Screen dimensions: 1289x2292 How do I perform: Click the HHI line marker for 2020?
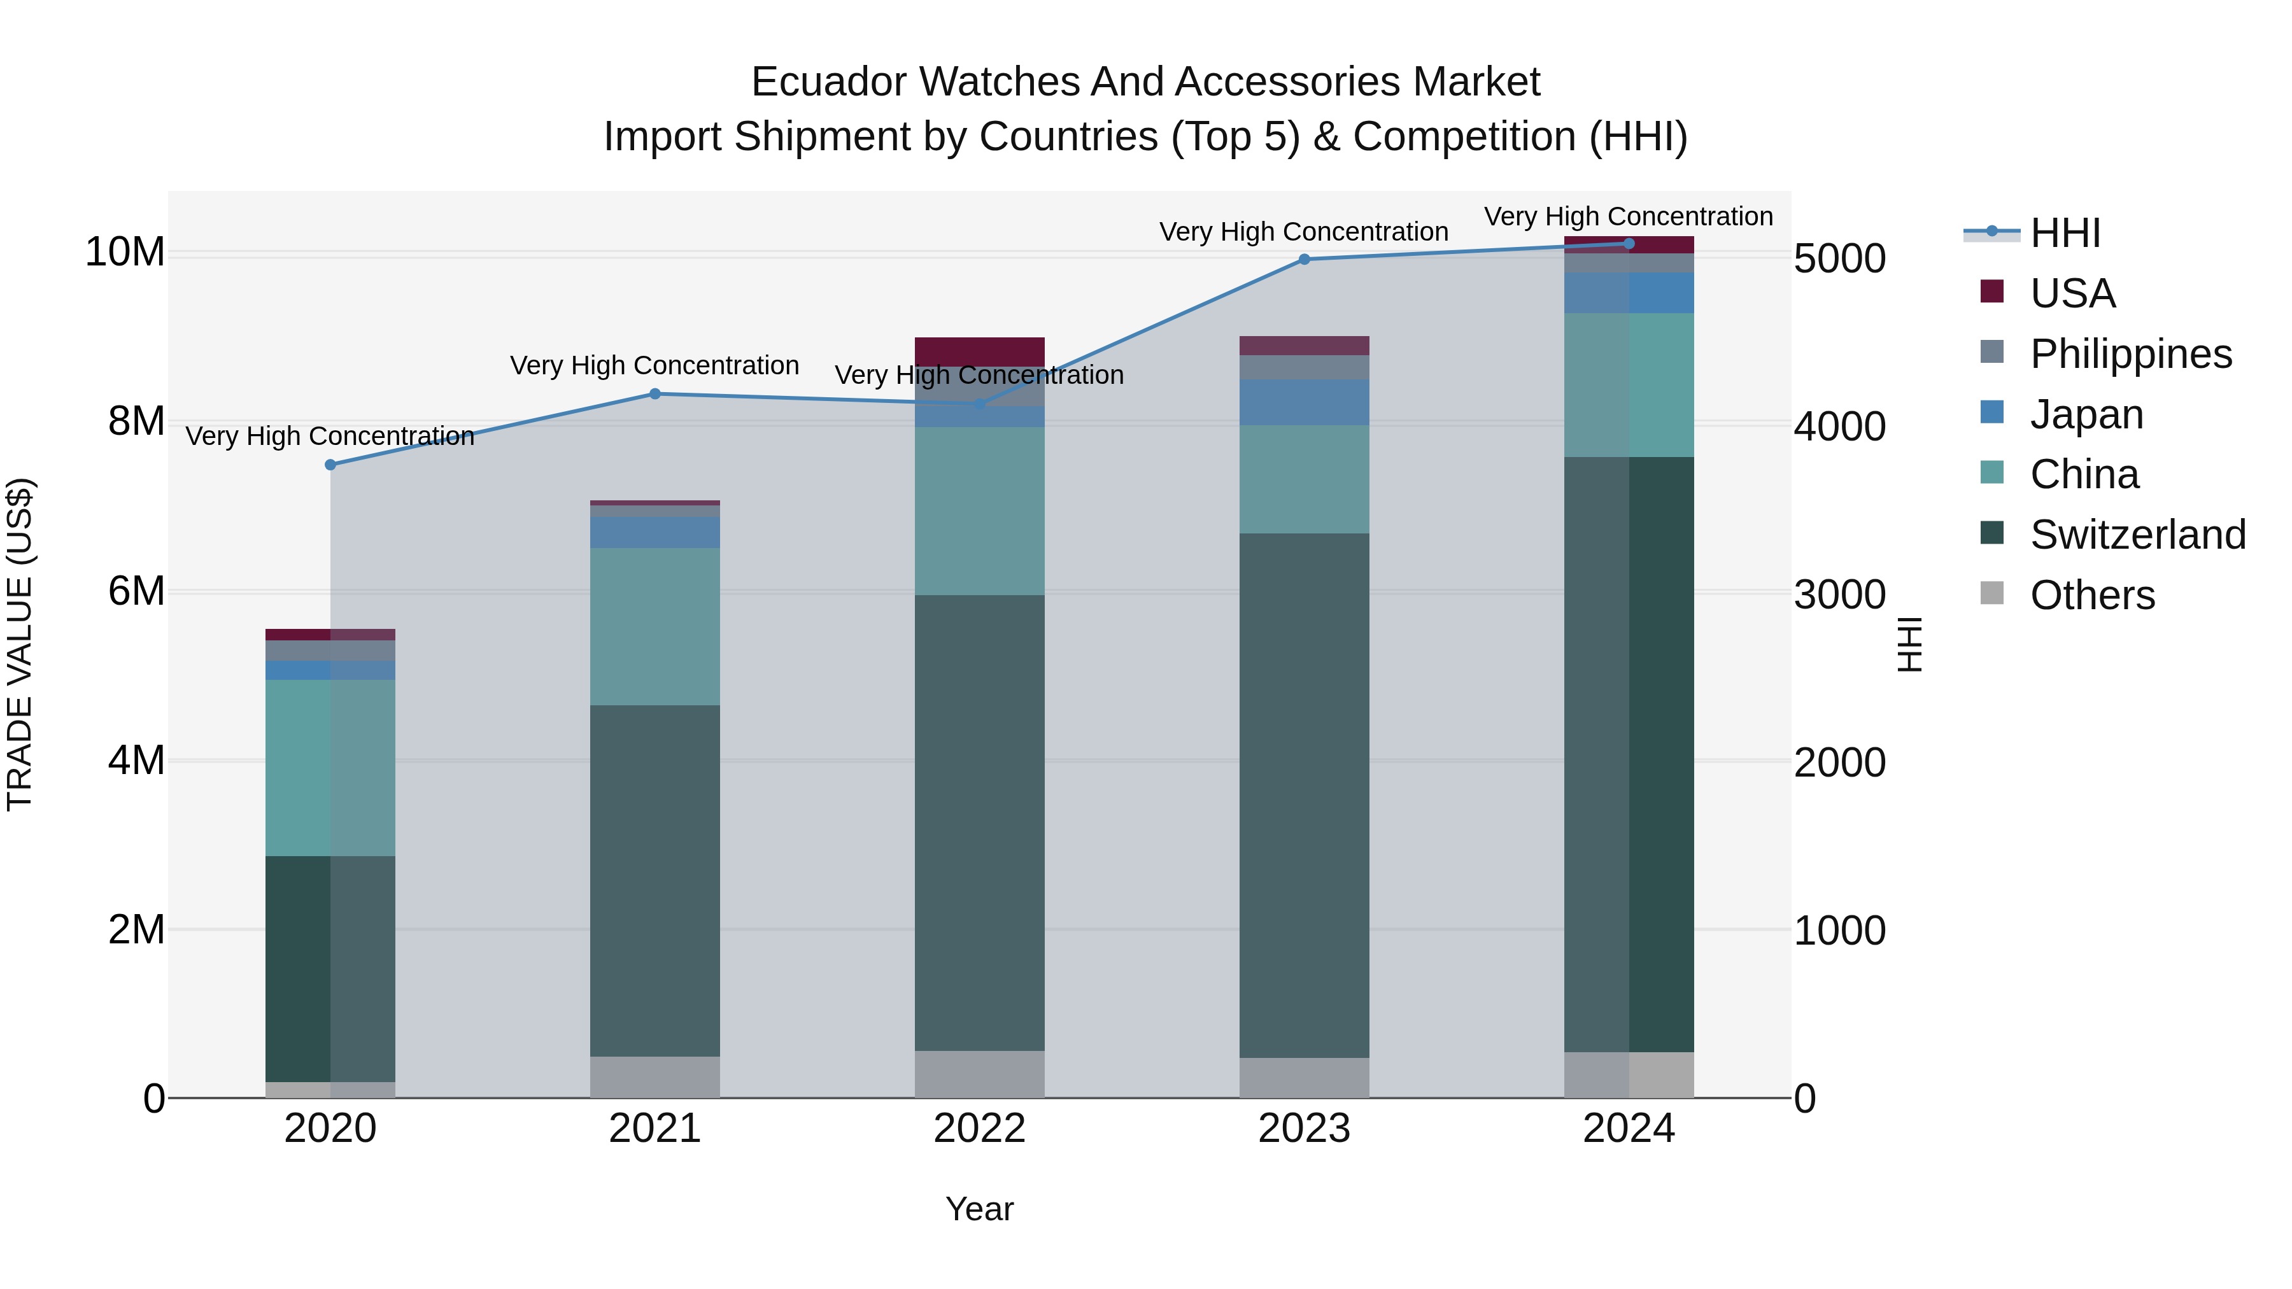330,465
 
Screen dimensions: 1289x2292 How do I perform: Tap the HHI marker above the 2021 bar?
655,393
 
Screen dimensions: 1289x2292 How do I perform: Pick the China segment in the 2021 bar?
655,626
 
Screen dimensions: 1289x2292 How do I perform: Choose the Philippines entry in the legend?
2130,354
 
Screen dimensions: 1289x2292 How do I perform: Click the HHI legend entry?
2064,233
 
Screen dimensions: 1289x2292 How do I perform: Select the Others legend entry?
2091,595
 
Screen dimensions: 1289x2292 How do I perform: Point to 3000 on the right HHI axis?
1838,595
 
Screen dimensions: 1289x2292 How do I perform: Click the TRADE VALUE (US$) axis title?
20,644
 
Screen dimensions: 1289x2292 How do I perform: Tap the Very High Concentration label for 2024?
1627,216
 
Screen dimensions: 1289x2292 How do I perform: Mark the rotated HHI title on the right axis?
1909,644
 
